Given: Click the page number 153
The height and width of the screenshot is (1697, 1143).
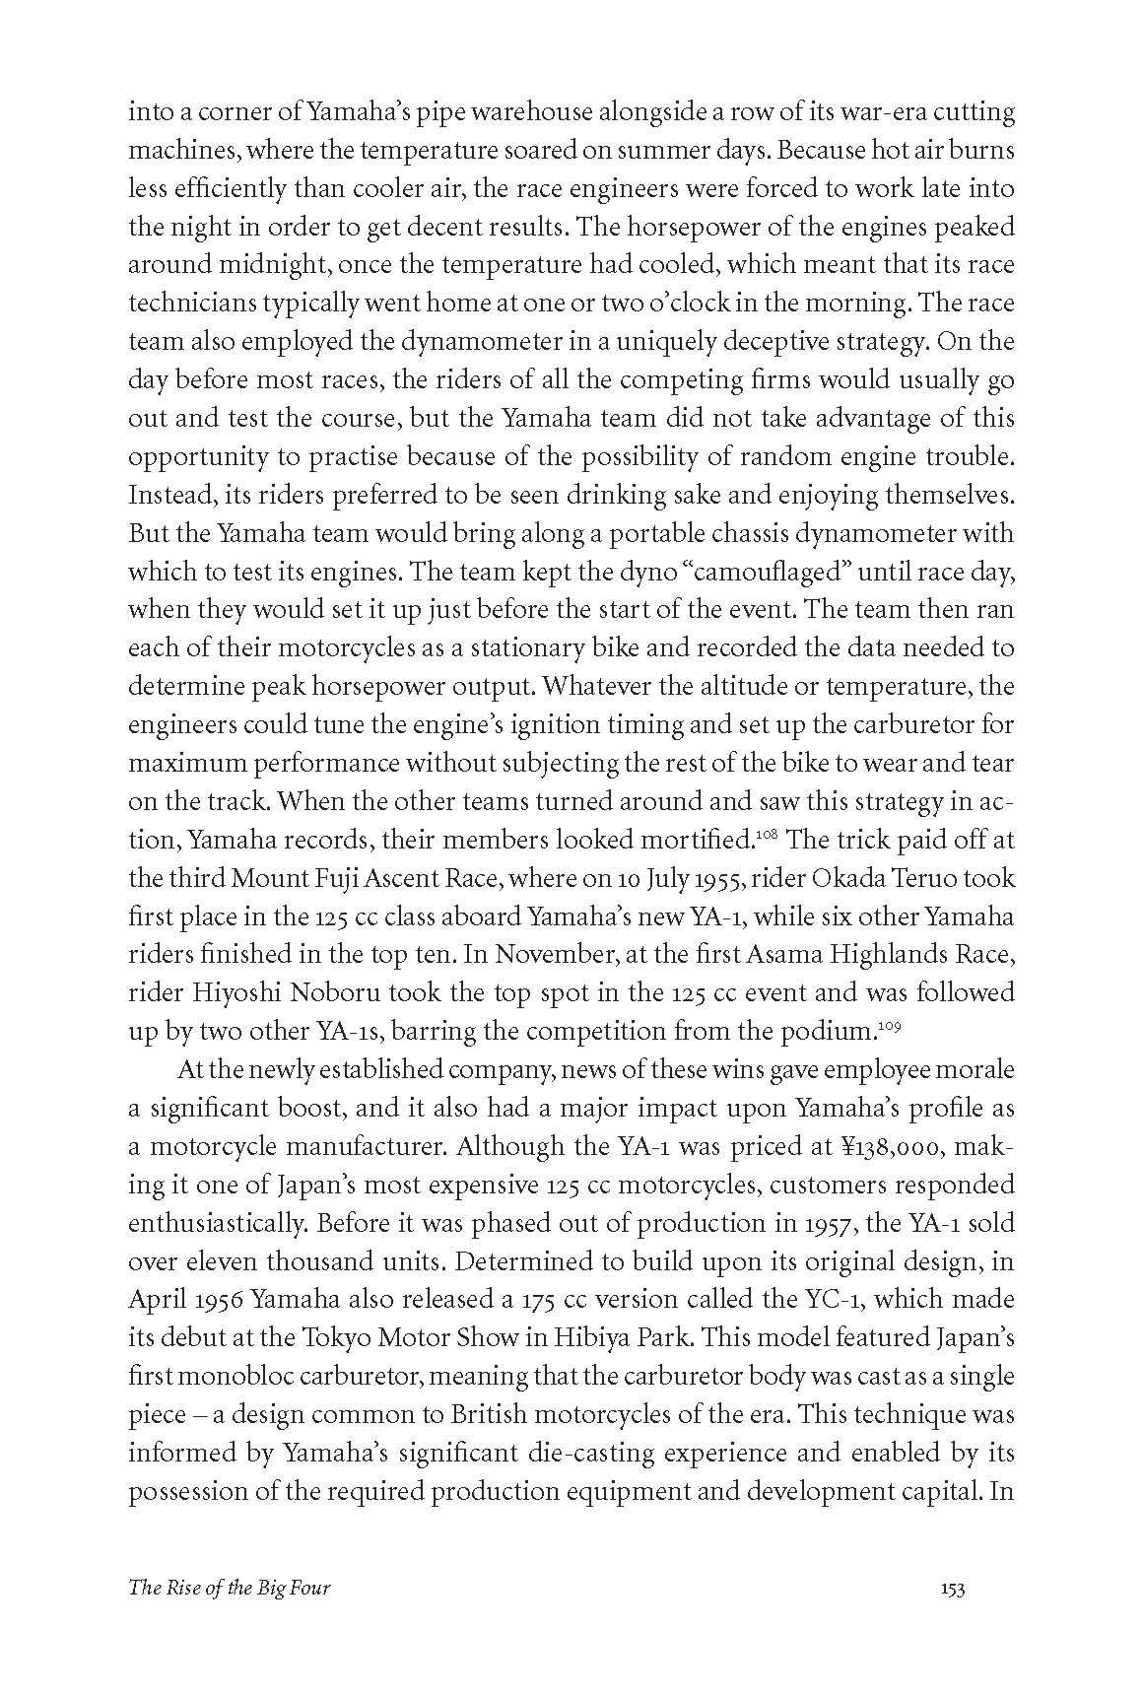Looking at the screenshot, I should [x=952, y=1615].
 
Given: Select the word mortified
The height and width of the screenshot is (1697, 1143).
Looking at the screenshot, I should [x=703, y=842].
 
